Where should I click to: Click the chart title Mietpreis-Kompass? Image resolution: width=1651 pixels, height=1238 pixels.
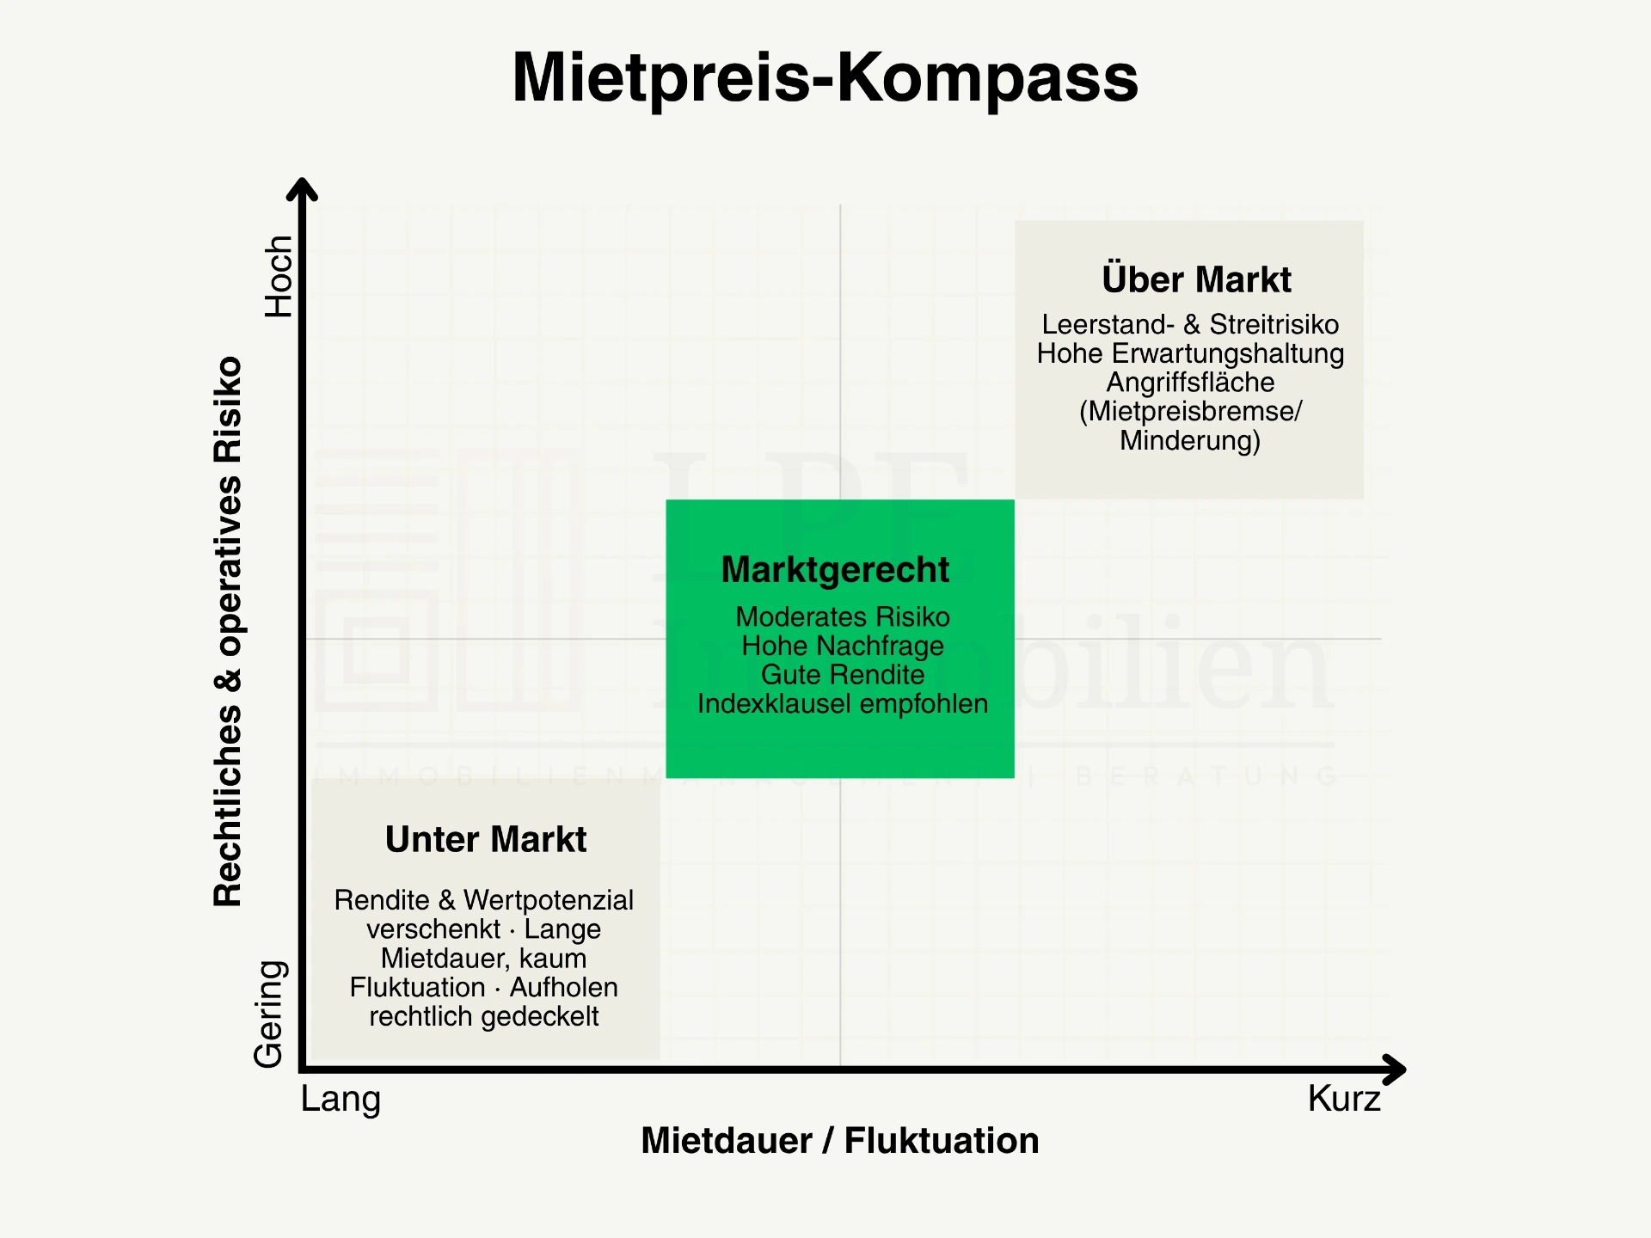point(825,77)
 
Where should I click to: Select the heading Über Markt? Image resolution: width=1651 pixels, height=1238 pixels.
point(1196,279)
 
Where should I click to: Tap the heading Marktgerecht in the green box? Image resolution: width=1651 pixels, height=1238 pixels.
point(835,569)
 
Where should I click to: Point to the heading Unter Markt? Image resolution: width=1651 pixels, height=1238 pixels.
point(486,839)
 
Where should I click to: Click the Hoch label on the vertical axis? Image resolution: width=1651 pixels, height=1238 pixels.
point(279,276)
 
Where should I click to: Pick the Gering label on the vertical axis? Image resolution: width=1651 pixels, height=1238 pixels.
point(269,1014)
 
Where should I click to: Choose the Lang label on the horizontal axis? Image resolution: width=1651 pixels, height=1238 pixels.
point(341,1099)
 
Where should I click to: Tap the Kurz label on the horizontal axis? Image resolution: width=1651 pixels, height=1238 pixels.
point(1343,1099)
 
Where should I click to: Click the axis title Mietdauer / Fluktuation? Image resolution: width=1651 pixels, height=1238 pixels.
point(840,1141)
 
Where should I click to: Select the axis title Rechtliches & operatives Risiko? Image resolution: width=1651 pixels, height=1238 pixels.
point(228,631)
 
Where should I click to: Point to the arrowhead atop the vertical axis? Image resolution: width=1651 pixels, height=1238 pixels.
point(302,188)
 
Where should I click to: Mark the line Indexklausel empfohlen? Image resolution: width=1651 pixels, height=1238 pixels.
point(843,704)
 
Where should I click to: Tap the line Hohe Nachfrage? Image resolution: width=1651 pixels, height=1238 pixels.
point(843,646)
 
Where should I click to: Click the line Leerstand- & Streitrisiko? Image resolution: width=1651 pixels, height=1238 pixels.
point(1190,324)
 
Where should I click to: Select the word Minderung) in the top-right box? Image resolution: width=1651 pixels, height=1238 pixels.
point(1190,440)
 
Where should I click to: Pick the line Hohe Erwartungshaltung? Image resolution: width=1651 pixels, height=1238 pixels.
point(1190,353)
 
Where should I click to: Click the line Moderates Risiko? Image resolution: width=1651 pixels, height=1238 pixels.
point(843,616)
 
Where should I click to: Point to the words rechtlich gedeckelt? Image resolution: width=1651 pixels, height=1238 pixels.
point(484,1016)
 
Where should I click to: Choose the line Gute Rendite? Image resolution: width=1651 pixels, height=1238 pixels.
point(843,675)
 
